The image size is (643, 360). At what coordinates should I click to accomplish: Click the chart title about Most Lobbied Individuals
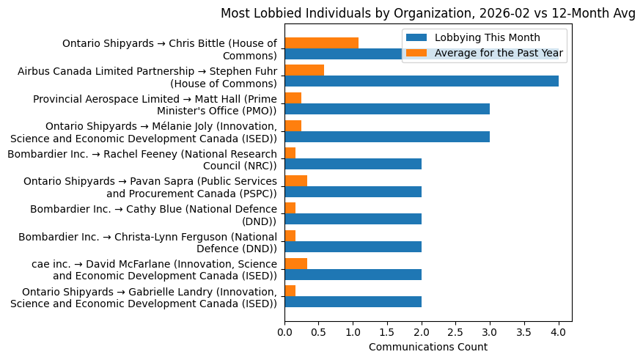427,13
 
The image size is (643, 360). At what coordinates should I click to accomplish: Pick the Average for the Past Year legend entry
499,52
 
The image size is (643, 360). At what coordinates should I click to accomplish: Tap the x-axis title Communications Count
427,347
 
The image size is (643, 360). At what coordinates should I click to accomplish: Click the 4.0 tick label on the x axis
559,332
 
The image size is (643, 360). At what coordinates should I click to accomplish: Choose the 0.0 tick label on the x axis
284,332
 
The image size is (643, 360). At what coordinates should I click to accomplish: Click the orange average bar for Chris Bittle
321,43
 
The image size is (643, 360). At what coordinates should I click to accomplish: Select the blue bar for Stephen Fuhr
422,81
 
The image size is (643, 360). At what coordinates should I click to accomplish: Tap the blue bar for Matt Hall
387,109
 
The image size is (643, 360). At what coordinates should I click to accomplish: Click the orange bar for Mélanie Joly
293,125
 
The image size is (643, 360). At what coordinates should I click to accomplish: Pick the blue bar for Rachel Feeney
353,164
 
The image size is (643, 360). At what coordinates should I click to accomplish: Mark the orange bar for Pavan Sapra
295,180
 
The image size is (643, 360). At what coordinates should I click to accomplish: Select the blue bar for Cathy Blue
353,219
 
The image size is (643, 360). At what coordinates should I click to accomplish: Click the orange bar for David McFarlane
295,263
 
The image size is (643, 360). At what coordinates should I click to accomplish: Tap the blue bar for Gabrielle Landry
353,302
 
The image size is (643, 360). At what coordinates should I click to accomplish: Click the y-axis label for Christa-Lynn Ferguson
147,242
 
